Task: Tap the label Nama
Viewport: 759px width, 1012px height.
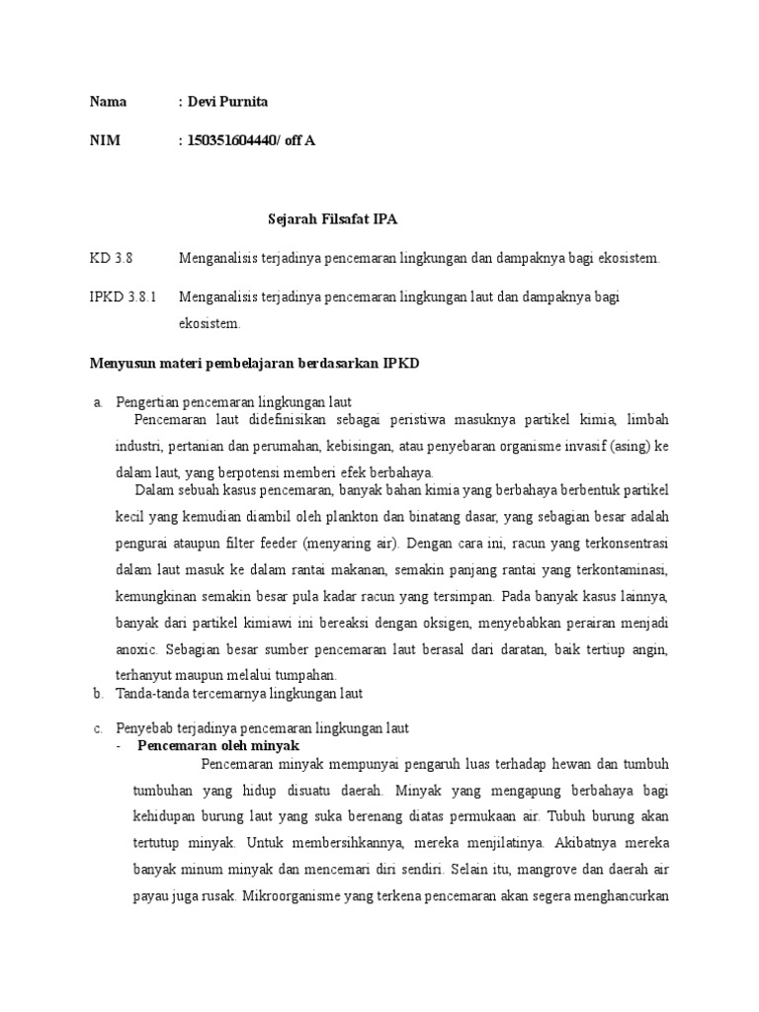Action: click(108, 103)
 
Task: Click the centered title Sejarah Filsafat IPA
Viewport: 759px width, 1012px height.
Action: click(333, 218)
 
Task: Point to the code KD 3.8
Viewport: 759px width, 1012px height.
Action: click(110, 258)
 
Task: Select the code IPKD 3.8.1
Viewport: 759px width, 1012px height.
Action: click(123, 296)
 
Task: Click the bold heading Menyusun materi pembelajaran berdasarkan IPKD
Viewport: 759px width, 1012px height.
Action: click(254, 363)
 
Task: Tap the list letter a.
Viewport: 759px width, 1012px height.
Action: click(98, 401)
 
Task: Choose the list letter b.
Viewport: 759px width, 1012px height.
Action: click(98, 694)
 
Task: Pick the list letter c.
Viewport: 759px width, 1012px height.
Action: click(98, 728)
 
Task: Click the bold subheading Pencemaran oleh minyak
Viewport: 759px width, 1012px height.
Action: click(218, 745)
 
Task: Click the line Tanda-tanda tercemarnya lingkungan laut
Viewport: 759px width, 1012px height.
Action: click(240, 694)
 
